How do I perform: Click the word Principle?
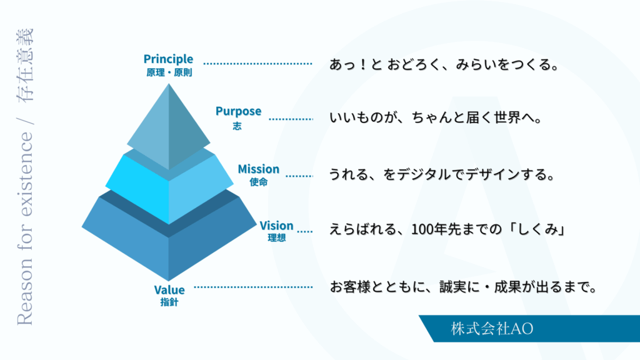[168, 59]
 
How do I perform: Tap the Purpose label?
[238, 111]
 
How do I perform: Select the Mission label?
[258, 169]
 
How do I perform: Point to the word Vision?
[276, 226]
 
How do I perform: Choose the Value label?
[169, 290]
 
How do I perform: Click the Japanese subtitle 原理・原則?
[169, 72]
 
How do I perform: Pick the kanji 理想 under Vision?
[276, 238]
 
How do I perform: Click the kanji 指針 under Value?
[169, 303]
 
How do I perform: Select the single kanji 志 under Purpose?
[237, 126]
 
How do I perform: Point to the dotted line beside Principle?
[257, 64]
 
